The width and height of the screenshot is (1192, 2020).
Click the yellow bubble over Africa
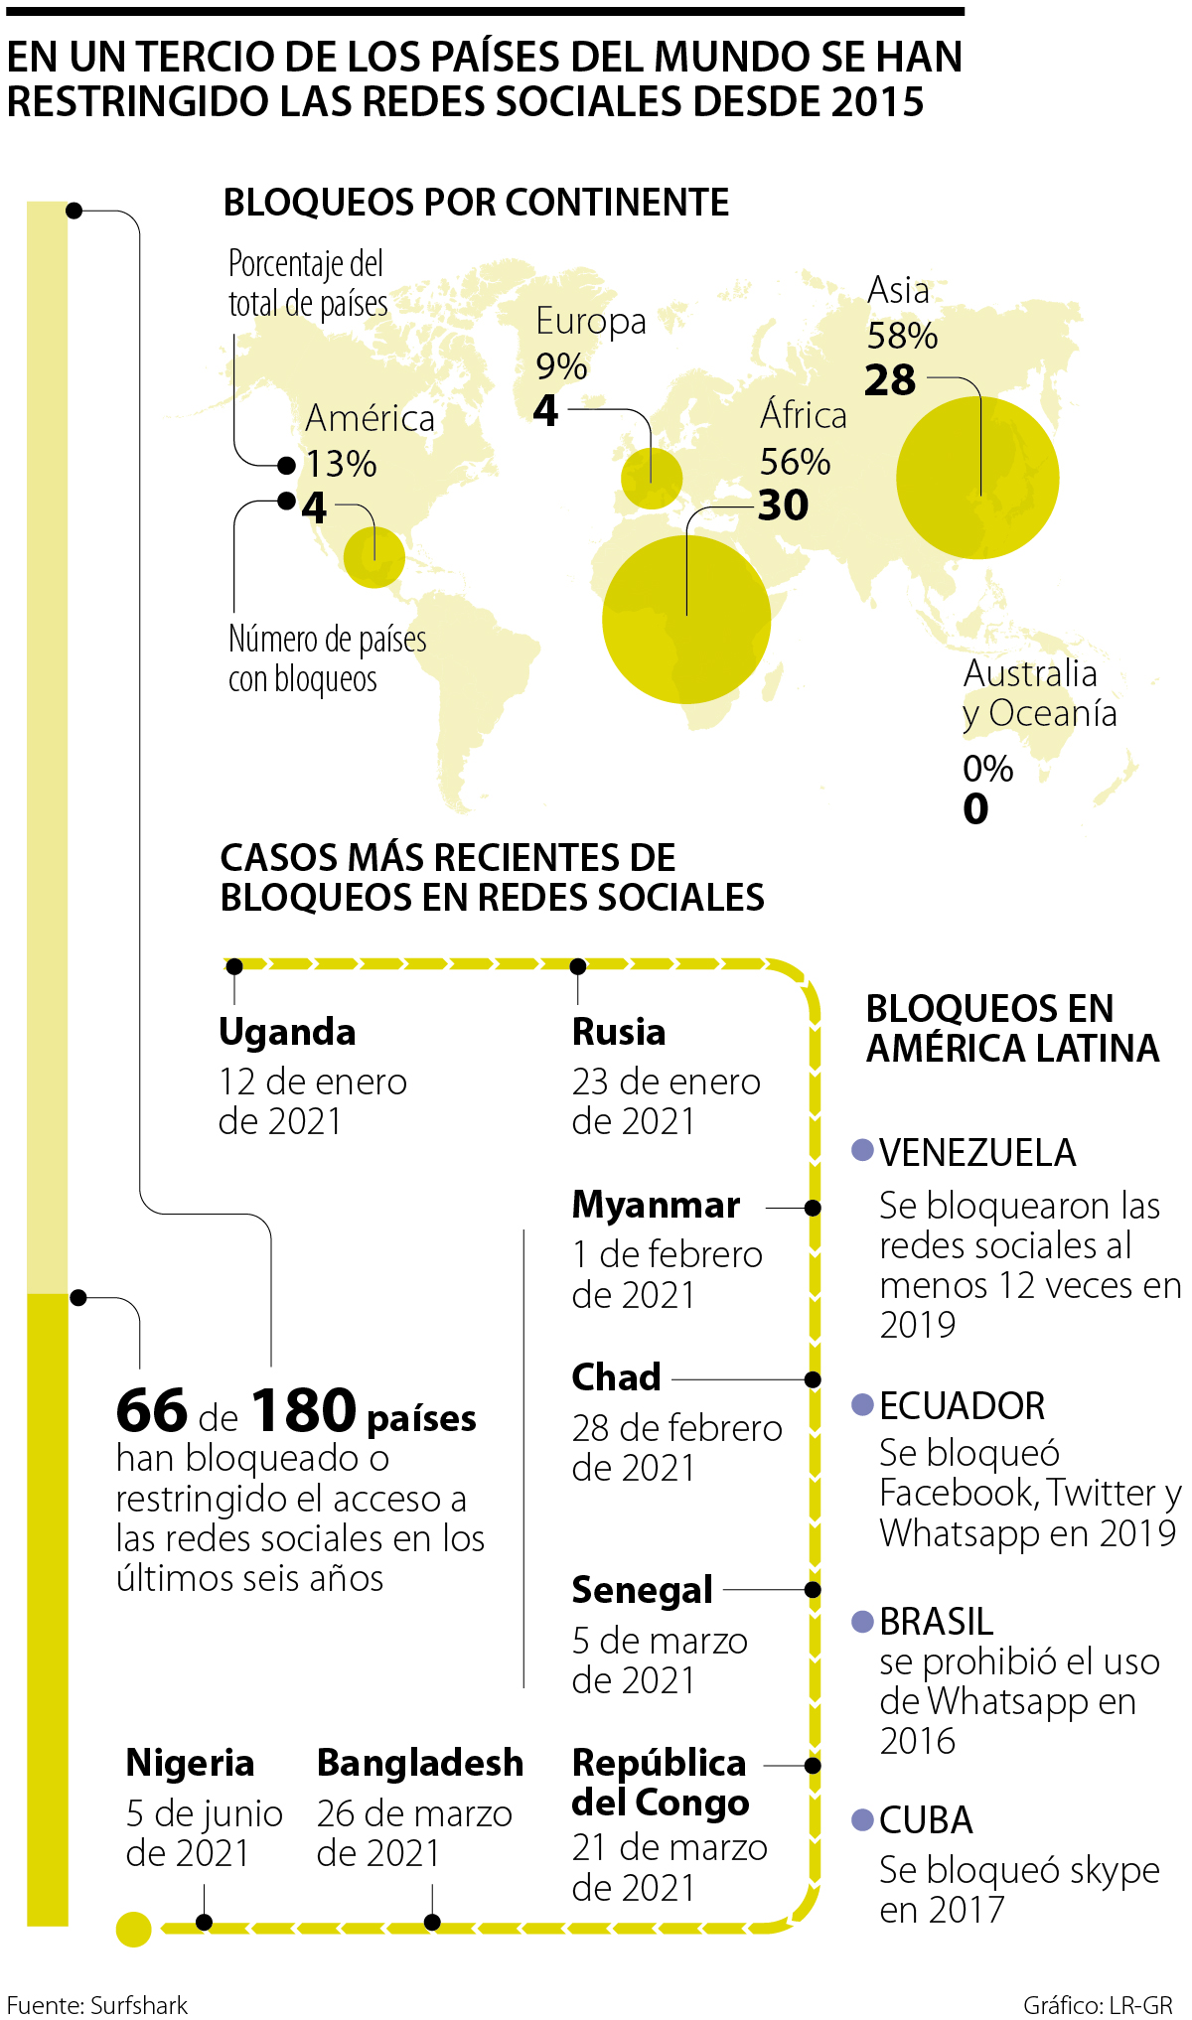point(686,620)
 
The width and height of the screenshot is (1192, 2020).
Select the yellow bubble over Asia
point(977,478)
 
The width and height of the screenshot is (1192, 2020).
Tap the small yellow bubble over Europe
point(652,478)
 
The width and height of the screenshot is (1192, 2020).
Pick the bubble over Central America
point(374,557)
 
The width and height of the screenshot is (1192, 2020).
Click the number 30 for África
point(784,505)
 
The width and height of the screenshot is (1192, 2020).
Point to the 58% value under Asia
point(902,336)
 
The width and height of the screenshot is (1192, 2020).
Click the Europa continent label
point(590,321)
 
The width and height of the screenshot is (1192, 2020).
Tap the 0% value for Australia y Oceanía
point(987,769)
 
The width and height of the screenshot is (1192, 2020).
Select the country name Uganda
point(287,1032)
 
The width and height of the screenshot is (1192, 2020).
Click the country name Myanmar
point(656,1205)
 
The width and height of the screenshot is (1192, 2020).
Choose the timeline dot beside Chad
point(813,1379)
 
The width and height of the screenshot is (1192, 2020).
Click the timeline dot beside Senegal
point(813,1590)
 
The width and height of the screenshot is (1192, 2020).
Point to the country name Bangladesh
point(420,1763)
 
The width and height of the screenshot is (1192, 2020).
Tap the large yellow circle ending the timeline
point(134,1930)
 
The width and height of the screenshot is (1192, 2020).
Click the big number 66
point(152,1410)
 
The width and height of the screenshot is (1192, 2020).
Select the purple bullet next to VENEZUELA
point(863,1151)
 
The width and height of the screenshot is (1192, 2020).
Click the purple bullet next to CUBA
point(863,1820)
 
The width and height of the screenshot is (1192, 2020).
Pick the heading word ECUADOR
point(962,1406)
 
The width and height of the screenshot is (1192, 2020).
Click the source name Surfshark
point(139,2005)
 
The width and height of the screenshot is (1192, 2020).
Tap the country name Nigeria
point(190,1763)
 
